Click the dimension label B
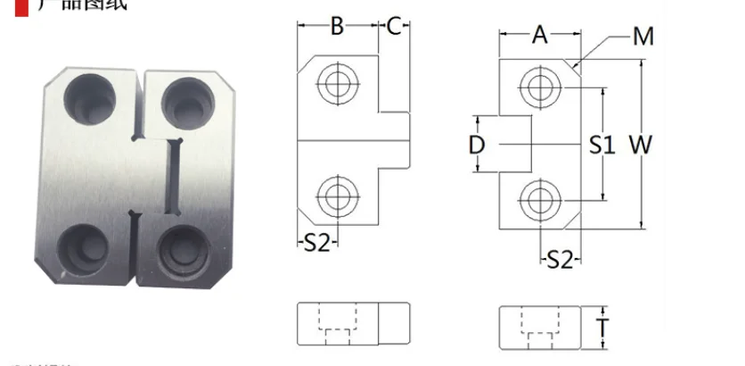[x=337, y=26]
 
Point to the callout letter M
[x=643, y=37]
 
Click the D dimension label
[x=477, y=145]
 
